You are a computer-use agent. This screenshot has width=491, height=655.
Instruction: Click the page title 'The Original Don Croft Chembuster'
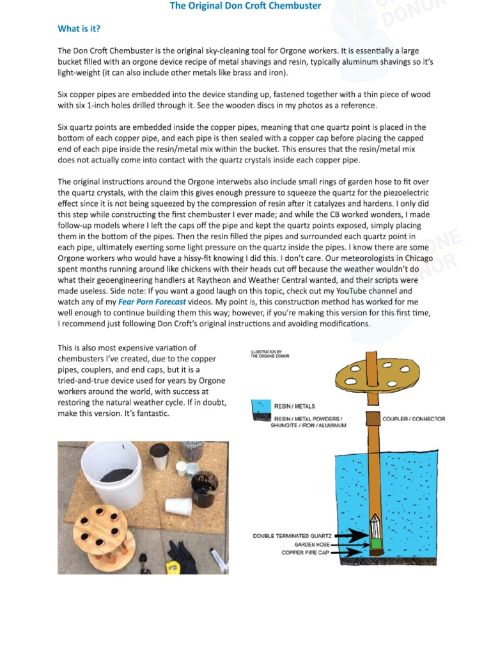(245, 6)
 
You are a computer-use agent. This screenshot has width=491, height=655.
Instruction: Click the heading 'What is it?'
(79, 29)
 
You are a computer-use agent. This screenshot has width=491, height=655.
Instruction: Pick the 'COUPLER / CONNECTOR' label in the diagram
(413, 419)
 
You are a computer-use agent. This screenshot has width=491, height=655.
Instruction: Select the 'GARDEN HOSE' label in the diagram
(310, 544)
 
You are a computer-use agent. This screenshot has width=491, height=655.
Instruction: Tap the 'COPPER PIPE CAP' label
(305, 553)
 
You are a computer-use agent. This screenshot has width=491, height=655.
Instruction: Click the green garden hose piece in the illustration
(376, 544)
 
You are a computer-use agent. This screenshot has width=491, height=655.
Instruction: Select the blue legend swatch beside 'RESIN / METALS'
(261, 406)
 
